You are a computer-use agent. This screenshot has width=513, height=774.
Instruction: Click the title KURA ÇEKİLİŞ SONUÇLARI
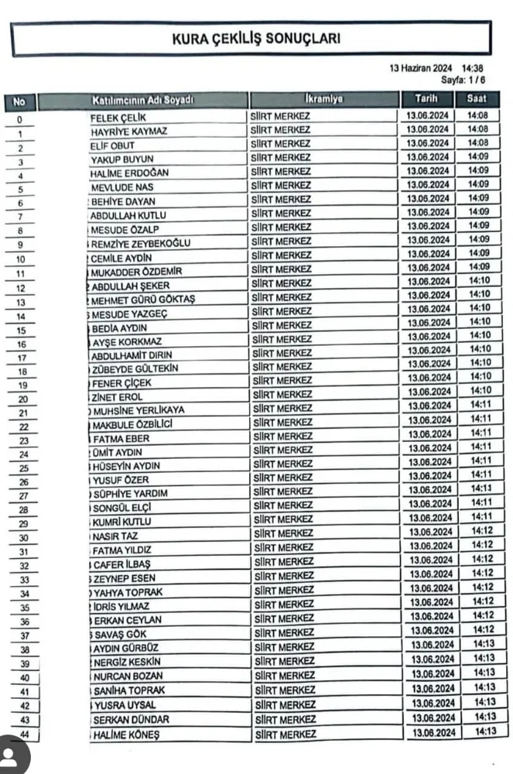pyautogui.click(x=256, y=38)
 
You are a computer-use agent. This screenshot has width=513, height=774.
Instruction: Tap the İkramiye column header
pyautogui.click(x=324, y=100)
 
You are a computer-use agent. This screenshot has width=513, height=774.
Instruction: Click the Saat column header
pyautogui.click(x=477, y=100)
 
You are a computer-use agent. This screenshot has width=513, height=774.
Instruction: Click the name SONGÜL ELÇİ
pyautogui.click(x=121, y=508)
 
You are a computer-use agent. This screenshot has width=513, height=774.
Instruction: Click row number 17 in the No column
pyautogui.click(x=22, y=358)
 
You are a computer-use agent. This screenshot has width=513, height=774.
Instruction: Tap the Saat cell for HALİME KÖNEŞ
pyautogui.click(x=485, y=731)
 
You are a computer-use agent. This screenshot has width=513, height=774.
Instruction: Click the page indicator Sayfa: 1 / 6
pyautogui.click(x=463, y=80)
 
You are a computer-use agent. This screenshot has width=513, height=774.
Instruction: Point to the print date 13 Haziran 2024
pyautogui.click(x=421, y=69)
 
